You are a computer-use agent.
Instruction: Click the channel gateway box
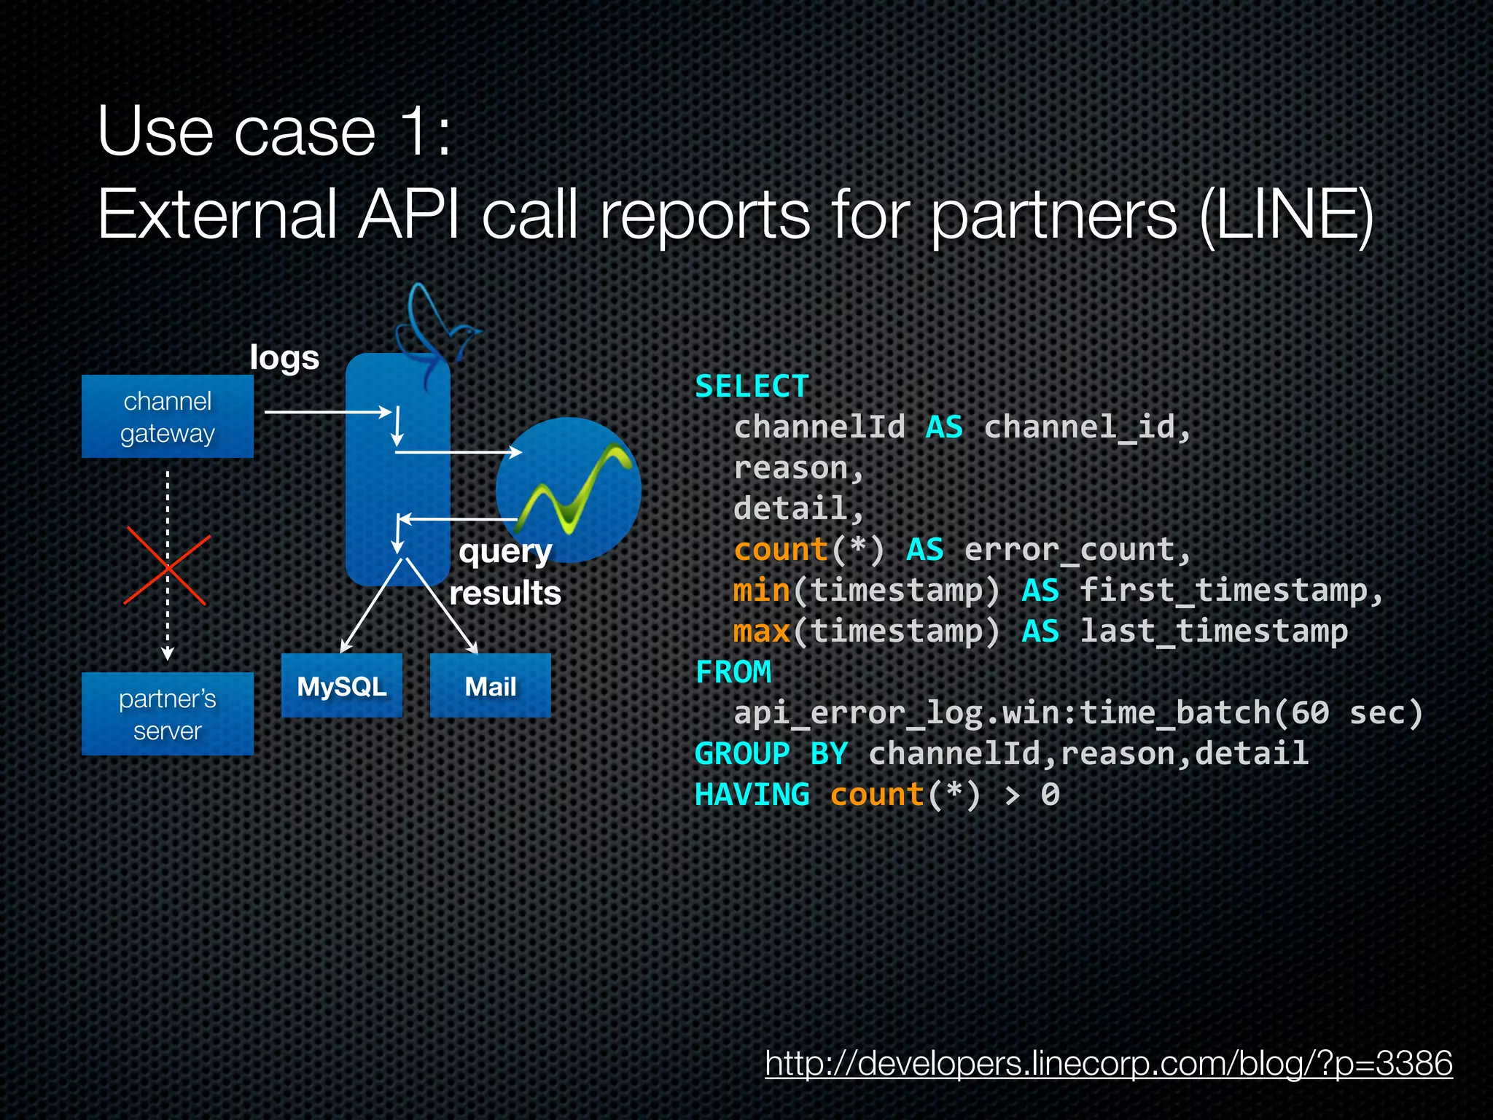168,416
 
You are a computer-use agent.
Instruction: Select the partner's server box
168,714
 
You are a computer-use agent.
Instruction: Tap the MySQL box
342,686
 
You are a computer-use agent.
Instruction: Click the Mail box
491,686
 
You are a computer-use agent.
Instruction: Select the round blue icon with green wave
569,490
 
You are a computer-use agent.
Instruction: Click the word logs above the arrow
284,358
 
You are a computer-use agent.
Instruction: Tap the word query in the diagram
505,552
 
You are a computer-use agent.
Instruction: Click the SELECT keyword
752,386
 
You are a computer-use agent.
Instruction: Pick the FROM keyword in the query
733,672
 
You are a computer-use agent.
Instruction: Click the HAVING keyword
752,794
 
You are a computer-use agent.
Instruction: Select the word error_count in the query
1077,550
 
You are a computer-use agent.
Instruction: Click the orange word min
762,590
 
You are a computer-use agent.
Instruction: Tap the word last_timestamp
1214,631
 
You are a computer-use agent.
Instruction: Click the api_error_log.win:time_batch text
1002,712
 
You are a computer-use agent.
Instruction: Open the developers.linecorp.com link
1108,1063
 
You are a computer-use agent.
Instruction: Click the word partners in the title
1053,215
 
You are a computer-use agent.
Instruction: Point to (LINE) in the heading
1287,215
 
